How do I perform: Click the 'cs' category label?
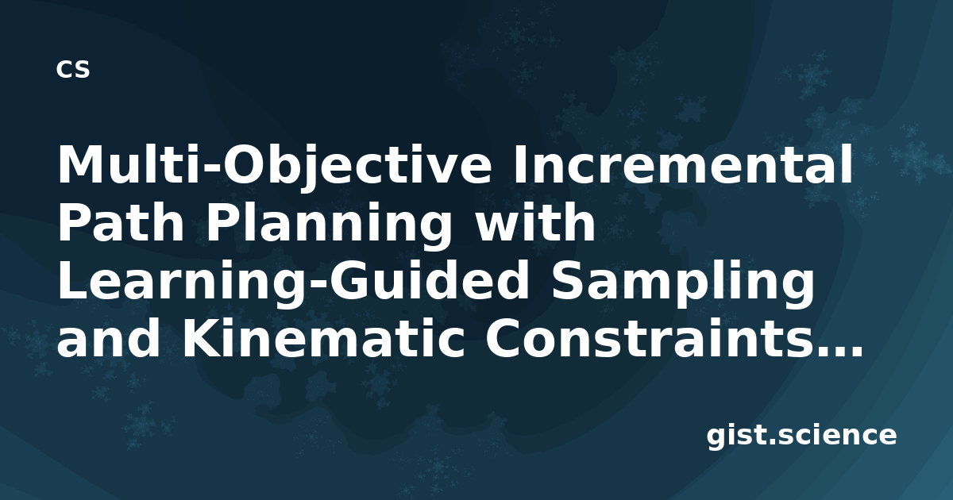pyautogui.click(x=73, y=69)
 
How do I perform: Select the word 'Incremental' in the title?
pyautogui.click(x=683, y=164)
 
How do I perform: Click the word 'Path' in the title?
pyautogui.click(x=121, y=222)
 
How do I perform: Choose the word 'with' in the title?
pyautogui.click(x=534, y=221)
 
